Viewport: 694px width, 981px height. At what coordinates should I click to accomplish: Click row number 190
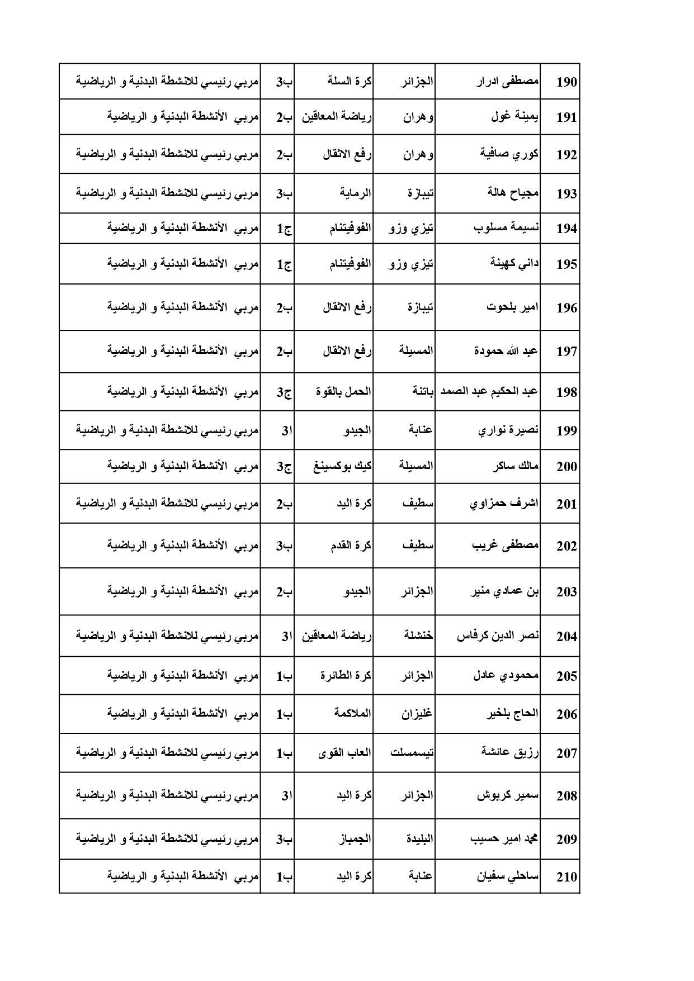566,83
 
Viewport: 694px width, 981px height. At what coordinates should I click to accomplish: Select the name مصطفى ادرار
507,82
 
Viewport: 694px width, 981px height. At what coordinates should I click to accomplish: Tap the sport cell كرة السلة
350,82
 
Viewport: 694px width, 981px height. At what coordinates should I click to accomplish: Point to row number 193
566,194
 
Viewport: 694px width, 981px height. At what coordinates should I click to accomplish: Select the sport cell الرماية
355,193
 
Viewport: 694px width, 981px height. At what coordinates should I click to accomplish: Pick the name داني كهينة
514,263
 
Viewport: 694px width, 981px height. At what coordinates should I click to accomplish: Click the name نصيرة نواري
508,430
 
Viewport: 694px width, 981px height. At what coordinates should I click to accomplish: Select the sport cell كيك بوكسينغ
343,466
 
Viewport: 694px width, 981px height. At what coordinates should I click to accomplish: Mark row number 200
566,467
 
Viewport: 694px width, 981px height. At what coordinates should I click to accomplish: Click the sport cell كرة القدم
351,546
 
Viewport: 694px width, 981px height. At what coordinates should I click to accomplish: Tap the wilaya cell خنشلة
418,636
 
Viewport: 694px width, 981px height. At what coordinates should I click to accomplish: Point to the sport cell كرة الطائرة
346,675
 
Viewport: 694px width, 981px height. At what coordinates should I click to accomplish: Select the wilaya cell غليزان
417,714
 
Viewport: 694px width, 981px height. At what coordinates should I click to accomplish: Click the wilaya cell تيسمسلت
412,752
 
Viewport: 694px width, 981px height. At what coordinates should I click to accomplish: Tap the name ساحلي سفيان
508,876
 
